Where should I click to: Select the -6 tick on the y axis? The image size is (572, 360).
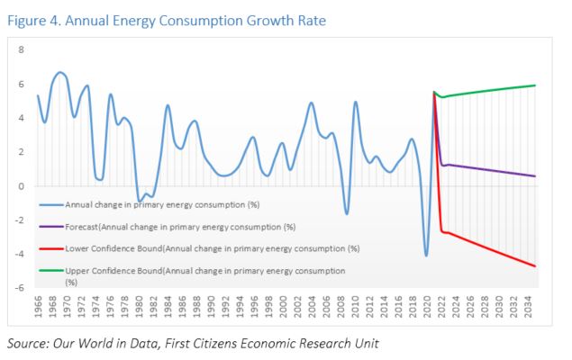22,288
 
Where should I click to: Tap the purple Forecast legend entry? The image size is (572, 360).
194,226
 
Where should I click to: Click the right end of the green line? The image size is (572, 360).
536,85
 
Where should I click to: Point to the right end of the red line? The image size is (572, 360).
536,265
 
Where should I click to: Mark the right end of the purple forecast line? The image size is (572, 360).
536,176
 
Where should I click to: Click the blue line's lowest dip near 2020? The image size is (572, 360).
427,256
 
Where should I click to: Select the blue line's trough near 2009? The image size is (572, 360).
347,214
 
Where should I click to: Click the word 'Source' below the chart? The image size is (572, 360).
26,344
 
